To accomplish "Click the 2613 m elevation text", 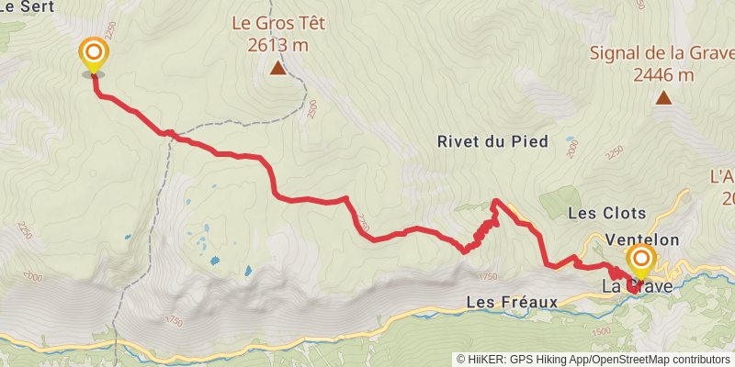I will pyautogui.click(x=277, y=44).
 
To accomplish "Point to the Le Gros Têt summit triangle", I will pyautogui.click(x=277, y=68).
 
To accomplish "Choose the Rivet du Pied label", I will pyautogui.click(x=492, y=141).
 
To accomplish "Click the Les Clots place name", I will pyautogui.click(x=608, y=213).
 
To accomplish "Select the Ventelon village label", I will pyautogui.click(x=643, y=239).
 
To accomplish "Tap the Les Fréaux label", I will pyautogui.click(x=512, y=301).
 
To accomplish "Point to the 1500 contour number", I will pyautogui.click(x=603, y=331).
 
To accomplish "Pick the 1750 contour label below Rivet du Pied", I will pyautogui.click(x=488, y=276).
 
